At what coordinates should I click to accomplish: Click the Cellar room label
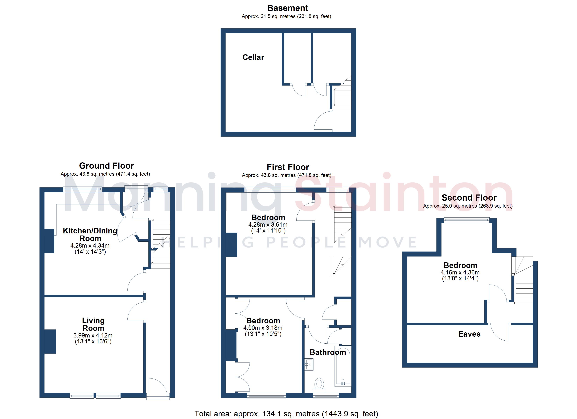[253, 57]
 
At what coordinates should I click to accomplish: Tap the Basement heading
[288, 8]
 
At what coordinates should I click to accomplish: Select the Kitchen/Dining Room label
[90, 234]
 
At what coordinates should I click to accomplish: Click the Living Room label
[93, 324]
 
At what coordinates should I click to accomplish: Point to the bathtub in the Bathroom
[343, 366]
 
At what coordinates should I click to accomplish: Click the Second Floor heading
[469, 198]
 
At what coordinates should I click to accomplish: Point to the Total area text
[286, 414]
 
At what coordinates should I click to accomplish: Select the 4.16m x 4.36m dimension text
[460, 272]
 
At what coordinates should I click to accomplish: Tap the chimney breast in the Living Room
[50, 341]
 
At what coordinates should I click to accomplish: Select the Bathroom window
[326, 396]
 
